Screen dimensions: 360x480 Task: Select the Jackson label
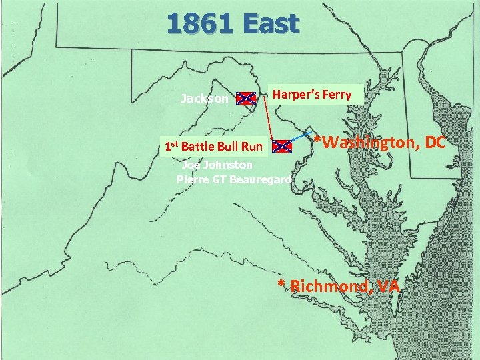click(x=204, y=99)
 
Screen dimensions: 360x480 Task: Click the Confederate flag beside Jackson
click(x=247, y=99)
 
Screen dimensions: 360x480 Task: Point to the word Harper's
click(x=297, y=95)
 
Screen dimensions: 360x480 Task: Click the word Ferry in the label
click(x=337, y=95)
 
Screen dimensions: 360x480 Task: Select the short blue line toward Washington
click(x=302, y=136)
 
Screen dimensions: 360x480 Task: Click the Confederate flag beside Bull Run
click(x=283, y=146)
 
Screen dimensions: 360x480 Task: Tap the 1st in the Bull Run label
click(x=171, y=146)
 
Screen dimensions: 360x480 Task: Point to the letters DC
click(x=434, y=142)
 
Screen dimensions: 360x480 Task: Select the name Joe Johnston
click(x=217, y=165)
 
